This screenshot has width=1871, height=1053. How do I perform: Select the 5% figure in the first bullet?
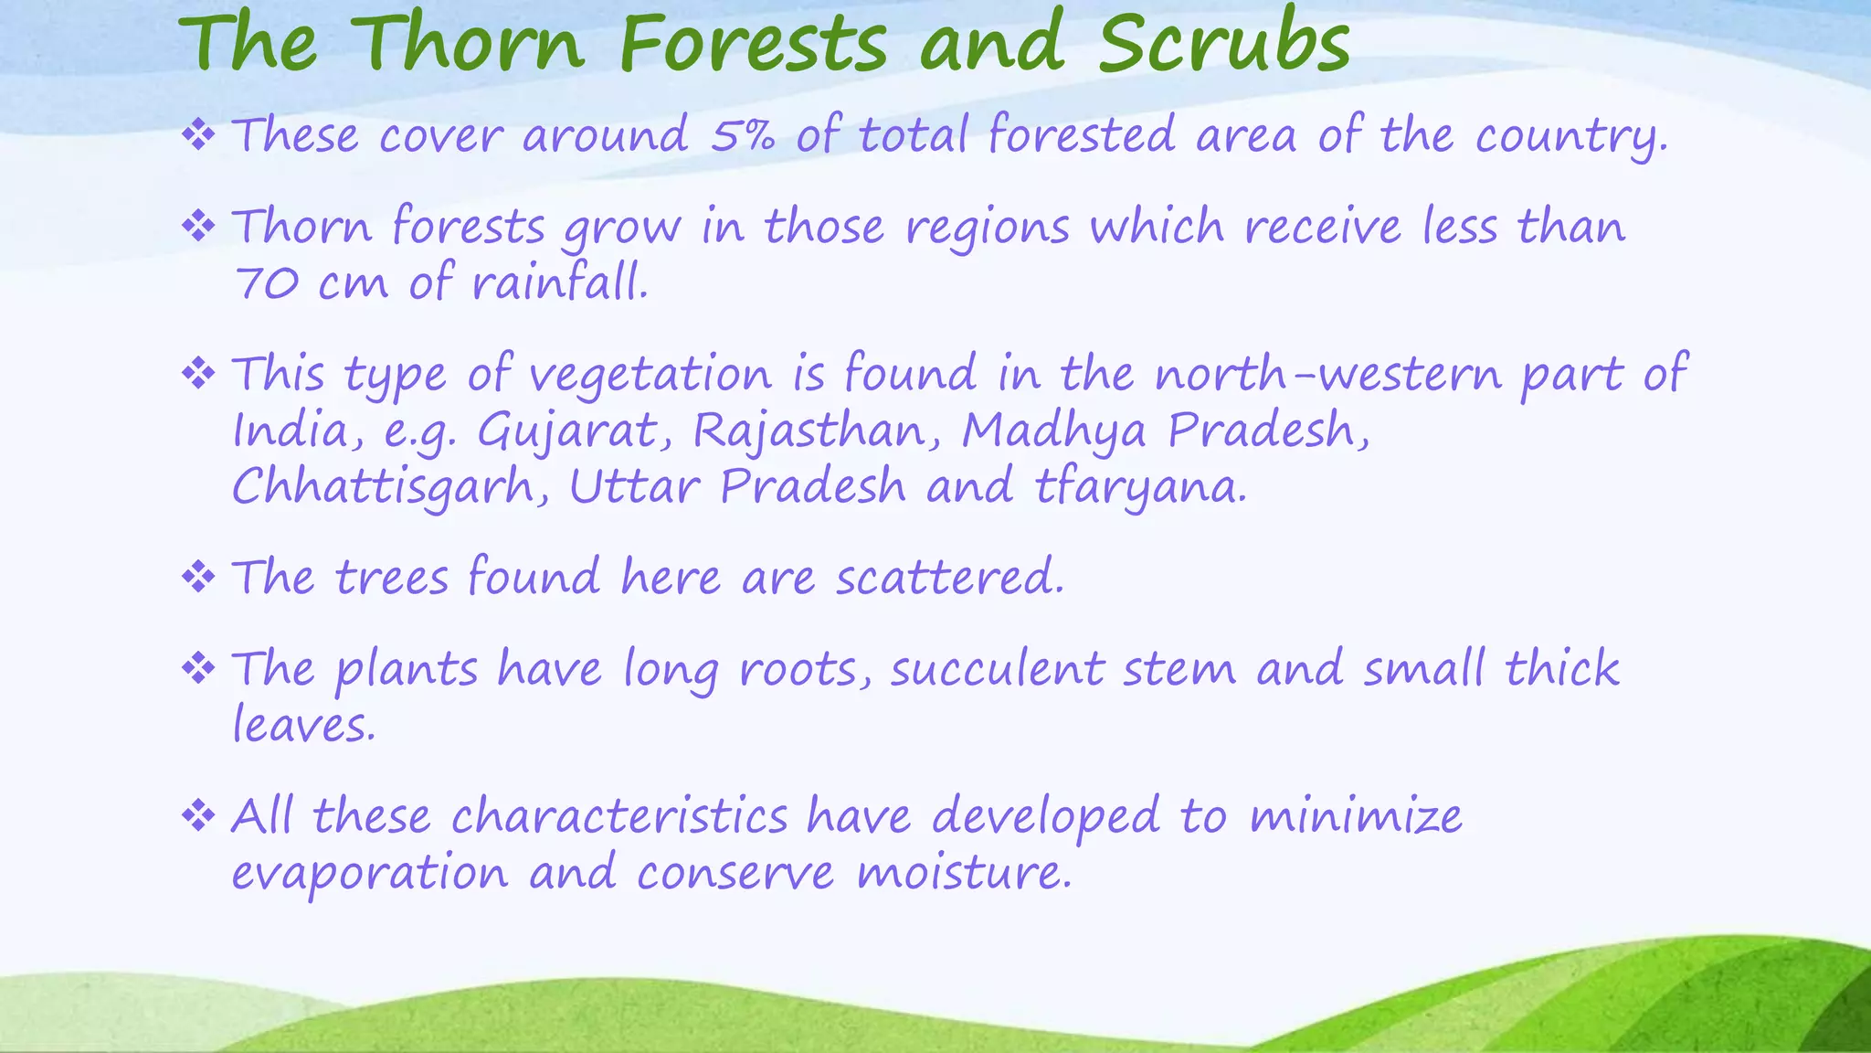pyautogui.click(x=743, y=135)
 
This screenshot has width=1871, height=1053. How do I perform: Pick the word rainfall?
pyautogui.click(x=560, y=282)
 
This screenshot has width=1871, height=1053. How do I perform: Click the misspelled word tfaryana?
pyautogui.click(x=1140, y=487)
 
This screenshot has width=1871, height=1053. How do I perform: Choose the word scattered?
pyautogui.click(x=950, y=578)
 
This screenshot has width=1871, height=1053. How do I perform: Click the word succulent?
pyautogui.click(x=998, y=669)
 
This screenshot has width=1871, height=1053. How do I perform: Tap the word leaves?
pyautogui.click(x=303, y=726)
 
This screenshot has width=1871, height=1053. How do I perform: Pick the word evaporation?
pyautogui.click(x=369, y=873)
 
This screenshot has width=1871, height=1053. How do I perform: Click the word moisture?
pyautogui.click(x=964, y=873)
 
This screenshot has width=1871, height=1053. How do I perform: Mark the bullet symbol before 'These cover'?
pyautogui.click(x=198, y=135)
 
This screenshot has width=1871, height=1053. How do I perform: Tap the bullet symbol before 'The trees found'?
pyautogui.click(x=198, y=577)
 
